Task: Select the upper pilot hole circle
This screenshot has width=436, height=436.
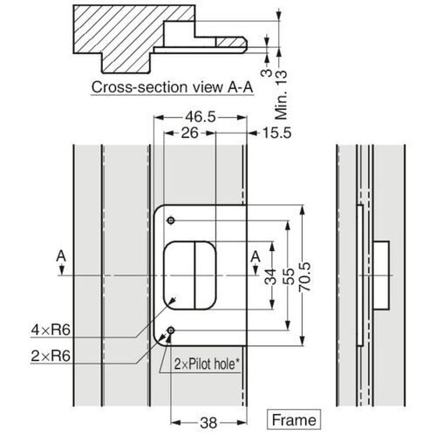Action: coord(171,218)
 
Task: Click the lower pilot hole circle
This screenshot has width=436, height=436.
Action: coord(171,330)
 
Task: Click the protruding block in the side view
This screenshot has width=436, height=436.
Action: coord(380,274)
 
